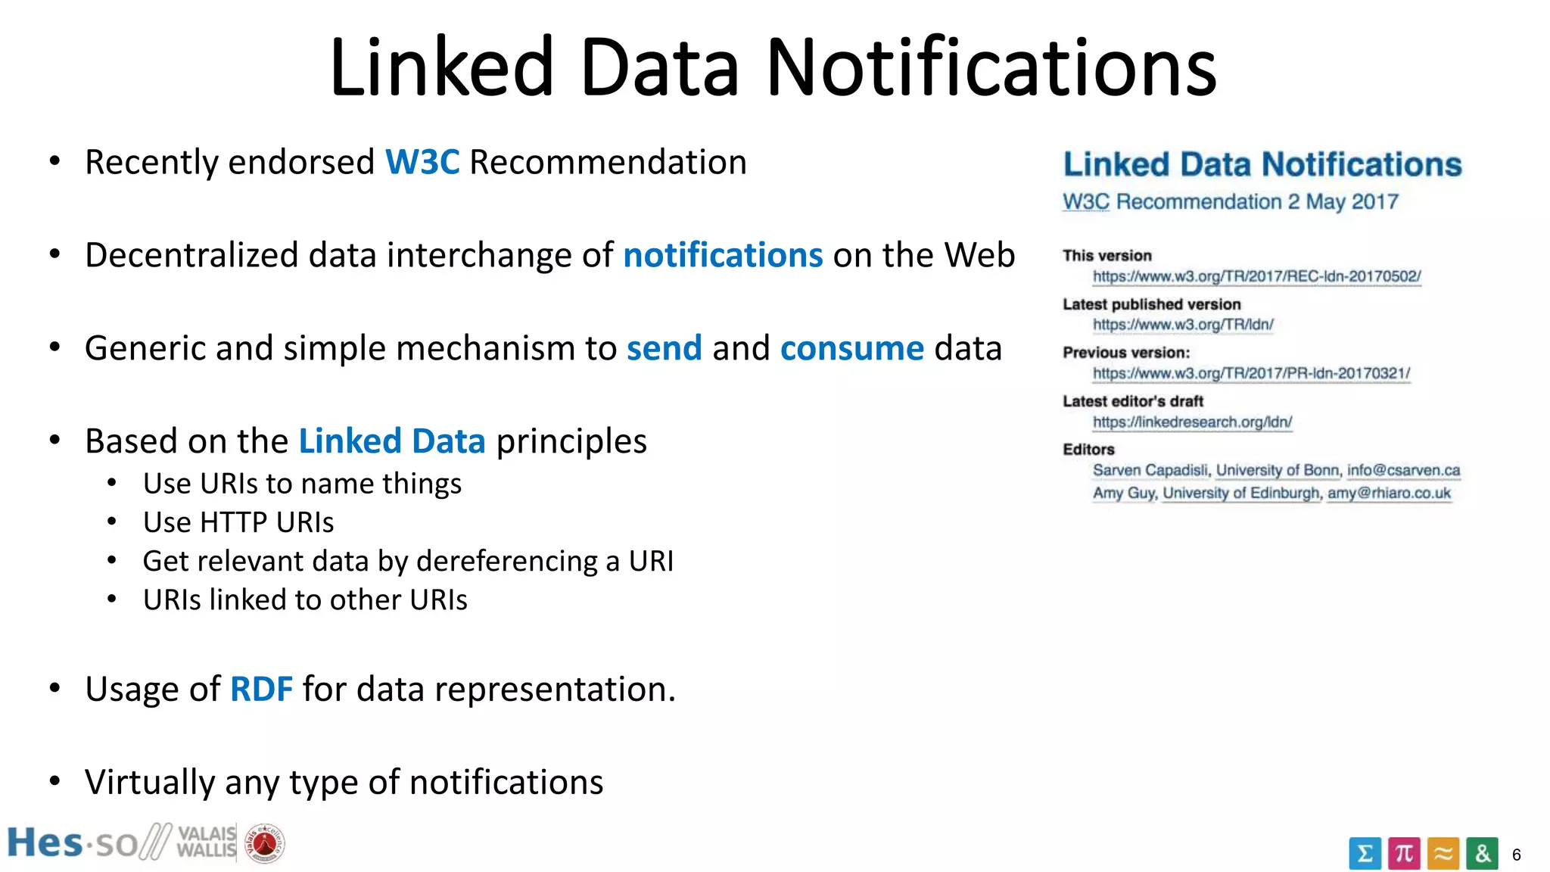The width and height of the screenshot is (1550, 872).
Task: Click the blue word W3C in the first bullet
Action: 422,163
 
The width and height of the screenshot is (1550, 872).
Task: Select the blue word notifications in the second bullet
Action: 723,256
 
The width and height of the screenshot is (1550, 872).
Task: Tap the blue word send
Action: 664,349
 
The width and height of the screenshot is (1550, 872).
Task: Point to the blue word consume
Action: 852,349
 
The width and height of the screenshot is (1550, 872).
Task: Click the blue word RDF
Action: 261,690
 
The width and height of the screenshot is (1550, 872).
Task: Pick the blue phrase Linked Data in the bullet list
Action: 392,441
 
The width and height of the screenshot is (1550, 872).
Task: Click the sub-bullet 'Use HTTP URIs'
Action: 238,522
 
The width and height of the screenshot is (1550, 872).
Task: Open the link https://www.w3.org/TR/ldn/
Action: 1183,325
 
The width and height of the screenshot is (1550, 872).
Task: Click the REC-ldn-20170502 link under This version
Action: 1256,276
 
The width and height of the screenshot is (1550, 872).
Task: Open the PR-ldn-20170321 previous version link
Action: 1251,373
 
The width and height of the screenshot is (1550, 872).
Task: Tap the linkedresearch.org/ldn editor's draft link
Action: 1192,422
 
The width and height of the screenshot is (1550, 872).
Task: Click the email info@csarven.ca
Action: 1403,470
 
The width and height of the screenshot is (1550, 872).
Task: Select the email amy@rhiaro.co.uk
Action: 1389,493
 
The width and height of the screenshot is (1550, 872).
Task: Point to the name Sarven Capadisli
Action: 1150,470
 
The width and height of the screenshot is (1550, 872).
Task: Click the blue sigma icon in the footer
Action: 1365,854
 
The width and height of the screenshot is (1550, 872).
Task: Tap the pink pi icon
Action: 1404,854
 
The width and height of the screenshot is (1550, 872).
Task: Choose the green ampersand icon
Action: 1482,854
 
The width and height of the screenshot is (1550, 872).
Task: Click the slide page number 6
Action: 1516,855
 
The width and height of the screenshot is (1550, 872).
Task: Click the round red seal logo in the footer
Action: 264,843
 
